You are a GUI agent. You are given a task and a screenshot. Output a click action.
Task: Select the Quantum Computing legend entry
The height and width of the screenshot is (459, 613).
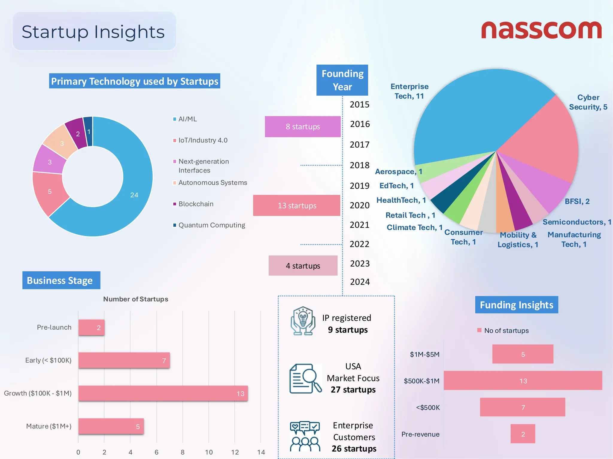coord(211,225)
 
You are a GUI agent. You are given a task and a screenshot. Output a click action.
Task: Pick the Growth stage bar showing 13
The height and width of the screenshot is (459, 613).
coord(163,393)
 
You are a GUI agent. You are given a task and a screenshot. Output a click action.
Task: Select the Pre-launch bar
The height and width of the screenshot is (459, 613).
coord(91,328)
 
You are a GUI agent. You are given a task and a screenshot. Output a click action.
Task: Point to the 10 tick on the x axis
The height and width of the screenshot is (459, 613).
coord(209,452)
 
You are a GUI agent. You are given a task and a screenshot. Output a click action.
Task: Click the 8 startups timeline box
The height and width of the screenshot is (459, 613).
coord(303,127)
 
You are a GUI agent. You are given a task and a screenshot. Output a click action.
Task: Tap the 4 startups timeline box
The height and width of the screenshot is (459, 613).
coord(303,266)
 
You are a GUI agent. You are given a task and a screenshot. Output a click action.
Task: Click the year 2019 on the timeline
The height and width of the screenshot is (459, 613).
coord(359,186)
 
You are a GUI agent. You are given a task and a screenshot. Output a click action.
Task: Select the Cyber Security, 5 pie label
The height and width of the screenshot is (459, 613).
coord(588,102)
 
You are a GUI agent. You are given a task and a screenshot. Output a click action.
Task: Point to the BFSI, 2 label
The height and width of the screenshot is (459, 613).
coord(577,201)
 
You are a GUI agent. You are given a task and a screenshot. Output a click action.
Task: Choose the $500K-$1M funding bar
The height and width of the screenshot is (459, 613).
coord(523,381)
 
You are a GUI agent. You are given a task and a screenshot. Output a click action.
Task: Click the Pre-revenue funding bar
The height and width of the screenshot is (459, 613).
coord(523,434)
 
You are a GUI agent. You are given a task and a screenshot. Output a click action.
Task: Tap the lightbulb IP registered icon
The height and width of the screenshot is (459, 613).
coord(303,321)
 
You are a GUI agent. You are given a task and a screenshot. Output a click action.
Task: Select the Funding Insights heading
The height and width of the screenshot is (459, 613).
coord(516,305)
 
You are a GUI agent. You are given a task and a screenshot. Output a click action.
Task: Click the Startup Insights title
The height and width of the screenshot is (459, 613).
coord(93,32)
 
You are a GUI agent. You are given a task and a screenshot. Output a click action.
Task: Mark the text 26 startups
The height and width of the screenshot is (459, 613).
coord(354,449)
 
